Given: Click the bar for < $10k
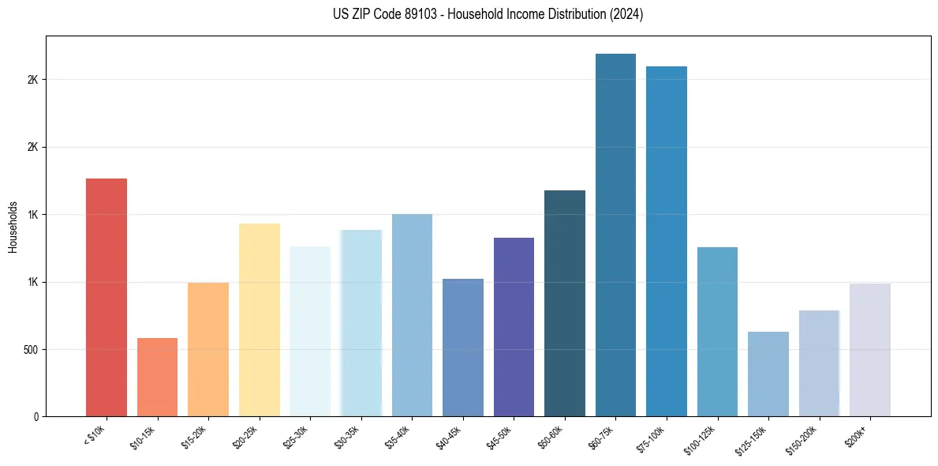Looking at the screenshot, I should (x=107, y=297).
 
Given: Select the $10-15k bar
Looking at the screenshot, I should (x=157, y=377).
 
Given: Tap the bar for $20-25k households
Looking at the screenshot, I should (x=259, y=320).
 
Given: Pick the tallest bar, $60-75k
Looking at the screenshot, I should (x=615, y=235).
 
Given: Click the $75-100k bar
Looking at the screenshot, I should (x=666, y=241).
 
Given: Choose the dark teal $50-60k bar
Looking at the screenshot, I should (x=564, y=303).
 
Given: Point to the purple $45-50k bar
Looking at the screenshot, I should (x=514, y=327).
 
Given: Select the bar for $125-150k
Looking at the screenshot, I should (x=768, y=374).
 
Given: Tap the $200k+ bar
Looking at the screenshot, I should (x=869, y=350).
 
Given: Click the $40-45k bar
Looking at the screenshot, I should (x=462, y=348).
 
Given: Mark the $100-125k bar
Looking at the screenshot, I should (x=717, y=332).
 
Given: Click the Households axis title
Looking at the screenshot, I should (x=13, y=227).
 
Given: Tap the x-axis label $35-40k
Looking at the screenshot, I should (x=402, y=436).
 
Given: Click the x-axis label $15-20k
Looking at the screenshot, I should (x=198, y=436).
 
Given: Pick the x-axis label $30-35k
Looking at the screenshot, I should (x=351, y=436).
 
